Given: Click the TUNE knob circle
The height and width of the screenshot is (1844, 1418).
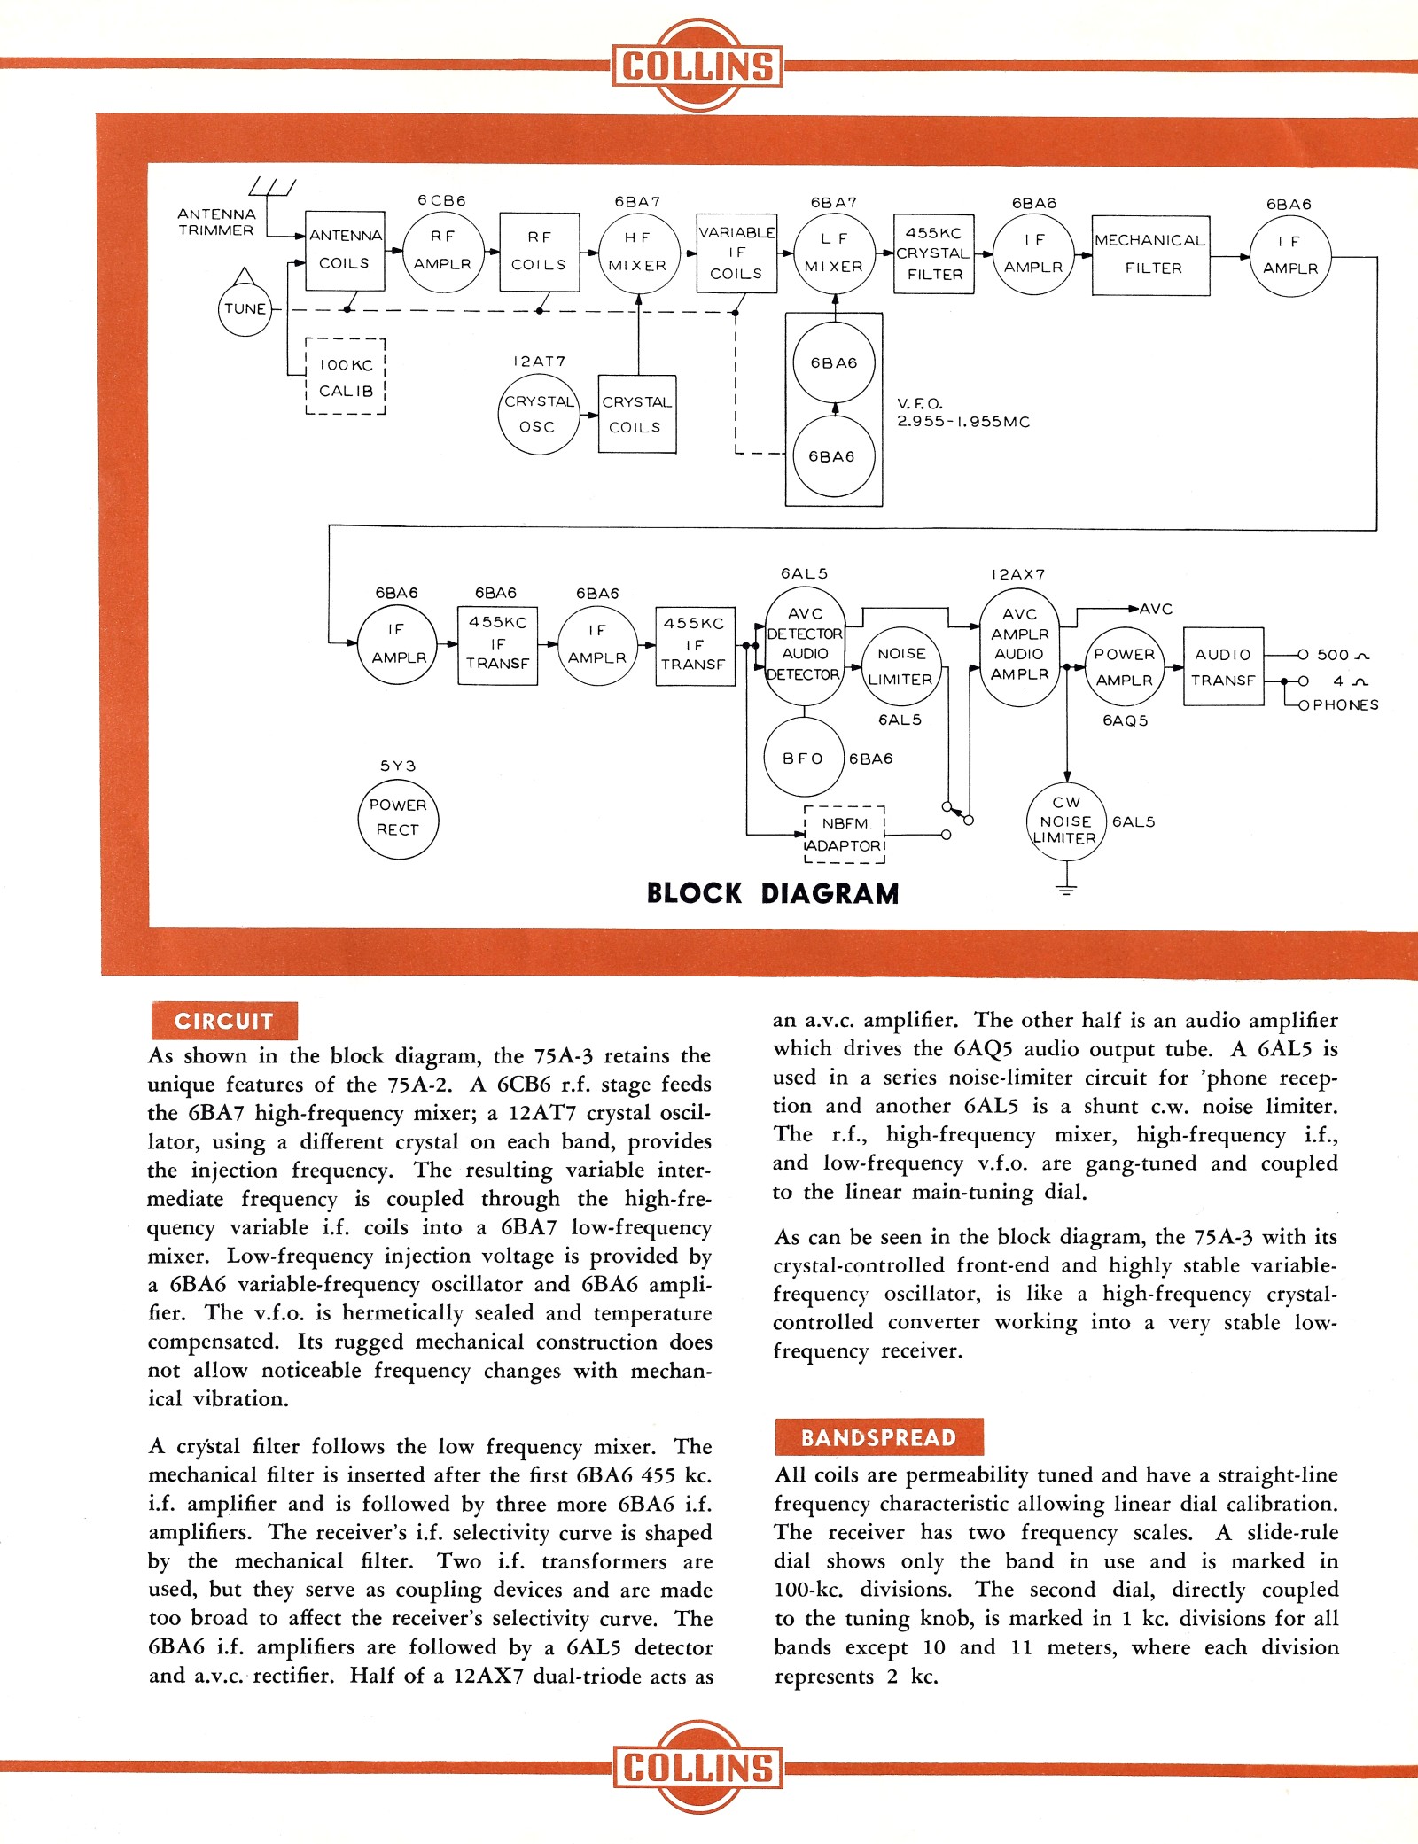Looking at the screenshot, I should [x=245, y=309].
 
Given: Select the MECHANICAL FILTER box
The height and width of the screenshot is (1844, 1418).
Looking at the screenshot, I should [x=1150, y=255].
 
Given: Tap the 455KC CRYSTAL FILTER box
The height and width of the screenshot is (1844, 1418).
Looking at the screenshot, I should [x=934, y=254].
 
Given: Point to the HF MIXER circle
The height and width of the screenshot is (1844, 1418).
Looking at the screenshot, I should [x=637, y=253].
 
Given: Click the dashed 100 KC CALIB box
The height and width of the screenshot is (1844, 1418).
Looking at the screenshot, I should [x=346, y=377].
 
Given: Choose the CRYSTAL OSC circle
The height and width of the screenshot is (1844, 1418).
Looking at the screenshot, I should [x=538, y=414].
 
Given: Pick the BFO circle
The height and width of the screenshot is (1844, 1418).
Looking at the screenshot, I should [x=804, y=758].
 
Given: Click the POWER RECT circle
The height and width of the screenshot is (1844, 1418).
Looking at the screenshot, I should [x=398, y=818].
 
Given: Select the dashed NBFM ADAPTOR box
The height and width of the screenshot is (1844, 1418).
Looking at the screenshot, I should [x=845, y=835].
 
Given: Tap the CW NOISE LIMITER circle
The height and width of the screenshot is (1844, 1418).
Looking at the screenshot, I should [x=1066, y=821].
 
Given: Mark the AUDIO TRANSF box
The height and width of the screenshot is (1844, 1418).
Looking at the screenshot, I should [x=1223, y=667].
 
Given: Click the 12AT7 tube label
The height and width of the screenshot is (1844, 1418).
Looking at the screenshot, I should [x=539, y=362].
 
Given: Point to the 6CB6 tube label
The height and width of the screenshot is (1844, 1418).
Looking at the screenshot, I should [x=441, y=201].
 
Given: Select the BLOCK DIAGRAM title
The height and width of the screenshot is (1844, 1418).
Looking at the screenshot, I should [x=773, y=893].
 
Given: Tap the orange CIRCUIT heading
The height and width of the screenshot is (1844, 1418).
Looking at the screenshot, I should [x=224, y=1021].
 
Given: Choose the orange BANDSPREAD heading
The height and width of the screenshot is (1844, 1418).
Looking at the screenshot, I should [x=878, y=1437].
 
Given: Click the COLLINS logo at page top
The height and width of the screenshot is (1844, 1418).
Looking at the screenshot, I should [x=697, y=66].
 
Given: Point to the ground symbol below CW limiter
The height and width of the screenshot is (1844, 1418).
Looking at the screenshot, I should [x=1067, y=889].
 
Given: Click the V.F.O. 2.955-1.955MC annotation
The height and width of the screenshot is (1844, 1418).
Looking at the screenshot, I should [x=962, y=413].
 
